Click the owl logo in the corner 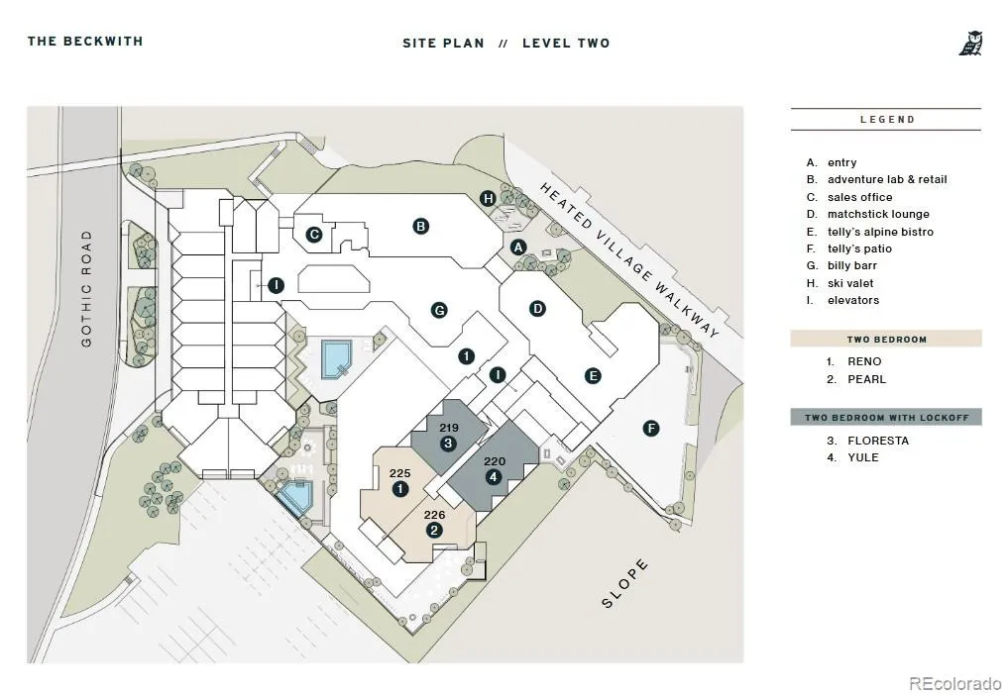(x=970, y=43)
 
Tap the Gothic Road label (x=87, y=288)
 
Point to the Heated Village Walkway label (x=629, y=259)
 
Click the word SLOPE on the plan (x=624, y=584)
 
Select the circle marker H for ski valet (x=489, y=198)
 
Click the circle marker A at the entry (x=518, y=248)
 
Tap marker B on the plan (x=420, y=226)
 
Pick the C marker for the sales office (x=314, y=235)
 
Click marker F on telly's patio (x=651, y=429)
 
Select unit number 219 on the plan (x=449, y=428)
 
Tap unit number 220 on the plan (x=495, y=461)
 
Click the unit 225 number (x=399, y=473)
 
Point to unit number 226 (x=434, y=515)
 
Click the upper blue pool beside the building (x=336, y=359)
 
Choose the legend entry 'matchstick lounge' (x=878, y=214)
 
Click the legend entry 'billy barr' (x=851, y=265)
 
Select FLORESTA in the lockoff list (x=878, y=441)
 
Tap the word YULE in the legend (x=862, y=457)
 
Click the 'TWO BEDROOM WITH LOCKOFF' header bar (x=886, y=418)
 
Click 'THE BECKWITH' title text (x=85, y=42)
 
